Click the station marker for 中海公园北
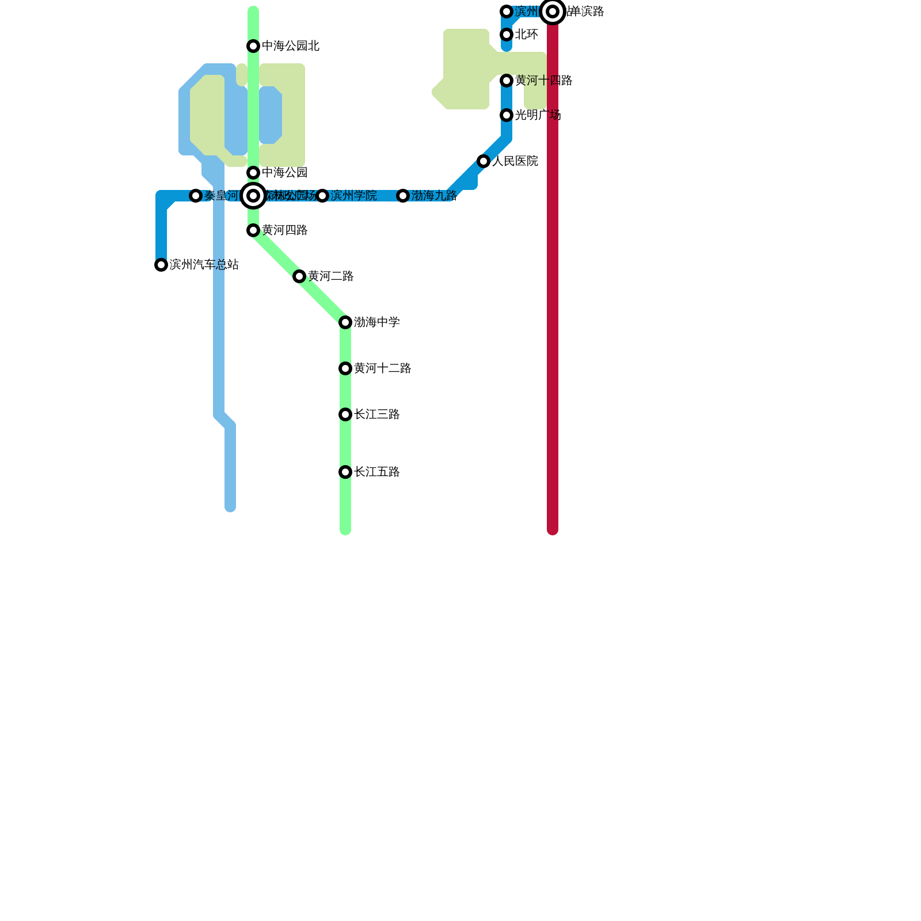[x=253, y=46]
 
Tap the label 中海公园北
[x=290, y=46]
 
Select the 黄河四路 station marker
[x=253, y=230]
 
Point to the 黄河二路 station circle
[x=299, y=276]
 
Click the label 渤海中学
[x=376, y=322]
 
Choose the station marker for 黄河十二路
[x=345, y=368]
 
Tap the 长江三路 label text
[x=376, y=414]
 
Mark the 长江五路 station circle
[x=345, y=472]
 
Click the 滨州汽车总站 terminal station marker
[x=161, y=265]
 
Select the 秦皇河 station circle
[x=196, y=196]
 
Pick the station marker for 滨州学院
[x=322, y=196]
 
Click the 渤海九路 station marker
[x=403, y=196]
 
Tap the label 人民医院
[x=515, y=161]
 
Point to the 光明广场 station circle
[x=507, y=115]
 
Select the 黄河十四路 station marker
[x=507, y=81]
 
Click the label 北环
[x=526, y=35]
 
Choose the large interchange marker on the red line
[x=553, y=12]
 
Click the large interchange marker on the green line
[x=253, y=196]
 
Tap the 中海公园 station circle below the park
[x=253, y=173]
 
